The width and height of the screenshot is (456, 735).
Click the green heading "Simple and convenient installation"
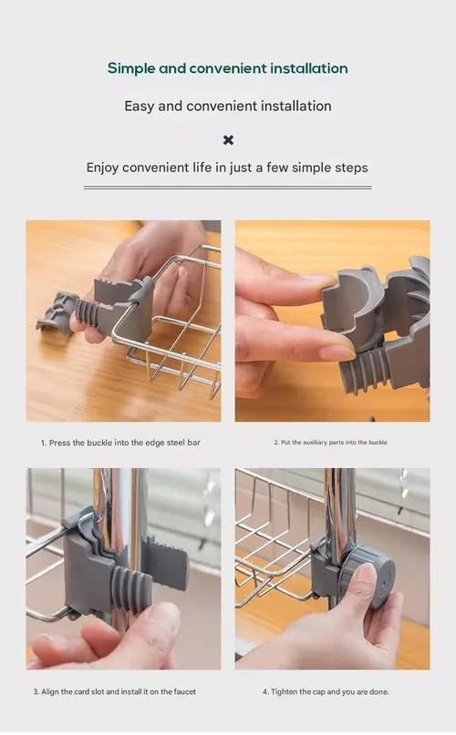click(228, 68)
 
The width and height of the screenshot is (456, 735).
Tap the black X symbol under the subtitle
click(228, 140)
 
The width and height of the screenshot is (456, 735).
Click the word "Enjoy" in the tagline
click(102, 168)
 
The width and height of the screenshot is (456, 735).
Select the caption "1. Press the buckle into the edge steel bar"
click(120, 443)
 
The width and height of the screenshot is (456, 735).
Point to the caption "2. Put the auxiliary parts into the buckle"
click(331, 442)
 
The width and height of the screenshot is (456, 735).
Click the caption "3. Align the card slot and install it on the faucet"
click(115, 691)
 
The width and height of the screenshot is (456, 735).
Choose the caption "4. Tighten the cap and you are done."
click(326, 691)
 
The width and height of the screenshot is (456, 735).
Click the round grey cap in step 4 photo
click(373, 577)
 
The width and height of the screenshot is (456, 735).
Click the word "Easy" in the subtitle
click(139, 107)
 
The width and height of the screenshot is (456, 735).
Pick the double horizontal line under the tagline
click(228, 188)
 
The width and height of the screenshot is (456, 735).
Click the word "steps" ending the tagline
click(351, 168)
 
